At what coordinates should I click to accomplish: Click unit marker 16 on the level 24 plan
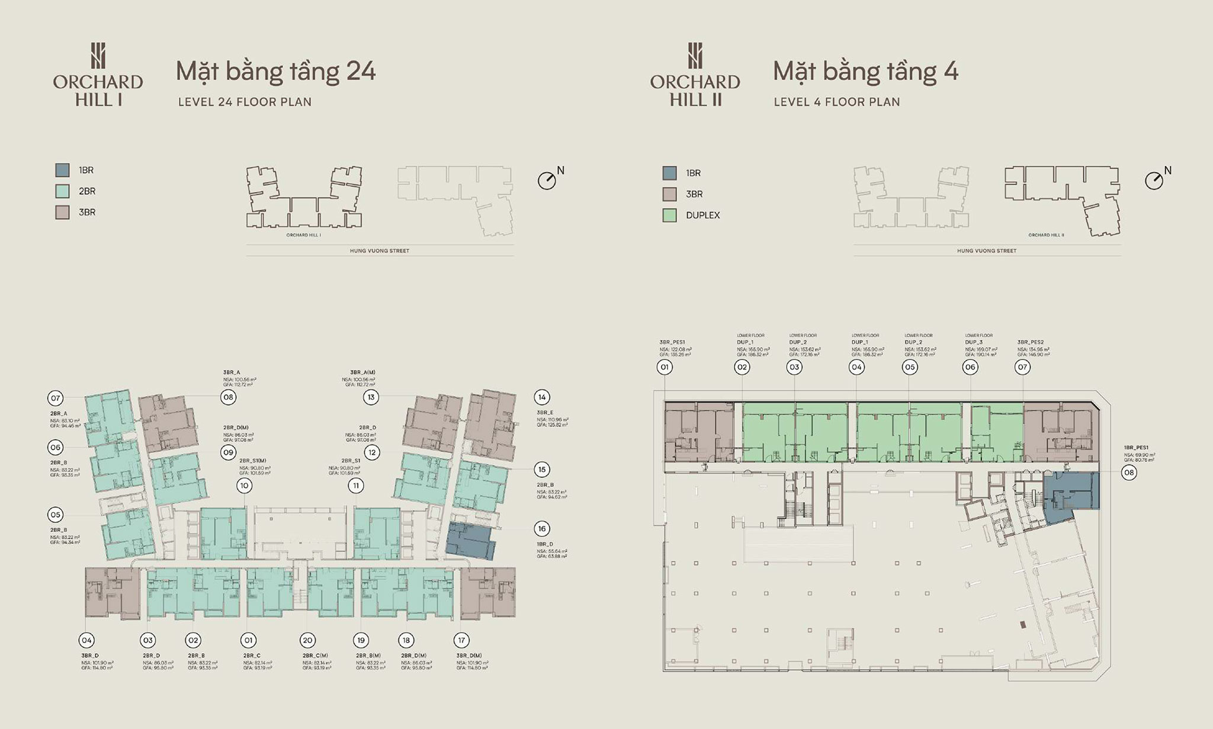(541, 529)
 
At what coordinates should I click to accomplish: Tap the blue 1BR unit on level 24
(469, 541)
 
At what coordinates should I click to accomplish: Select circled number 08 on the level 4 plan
(1129, 473)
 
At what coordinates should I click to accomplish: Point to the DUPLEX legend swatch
(669, 215)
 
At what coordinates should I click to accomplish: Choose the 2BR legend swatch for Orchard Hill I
(62, 191)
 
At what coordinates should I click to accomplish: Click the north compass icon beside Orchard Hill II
(1154, 181)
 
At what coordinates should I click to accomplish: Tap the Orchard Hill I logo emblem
(98, 56)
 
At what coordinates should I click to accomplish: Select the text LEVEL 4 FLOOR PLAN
(836, 102)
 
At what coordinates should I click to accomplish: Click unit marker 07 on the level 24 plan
(56, 397)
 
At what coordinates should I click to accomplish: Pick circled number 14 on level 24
(541, 397)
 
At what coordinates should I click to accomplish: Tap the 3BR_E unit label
(545, 413)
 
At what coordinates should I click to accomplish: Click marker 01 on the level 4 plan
(665, 367)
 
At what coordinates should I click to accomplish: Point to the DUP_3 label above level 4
(974, 342)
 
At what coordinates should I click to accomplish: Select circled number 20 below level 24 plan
(307, 640)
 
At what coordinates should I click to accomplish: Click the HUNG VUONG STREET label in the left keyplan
(380, 251)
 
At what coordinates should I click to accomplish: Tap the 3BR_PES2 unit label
(1031, 342)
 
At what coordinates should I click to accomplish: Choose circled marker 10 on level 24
(244, 486)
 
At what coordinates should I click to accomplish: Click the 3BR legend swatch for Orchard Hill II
(669, 194)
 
